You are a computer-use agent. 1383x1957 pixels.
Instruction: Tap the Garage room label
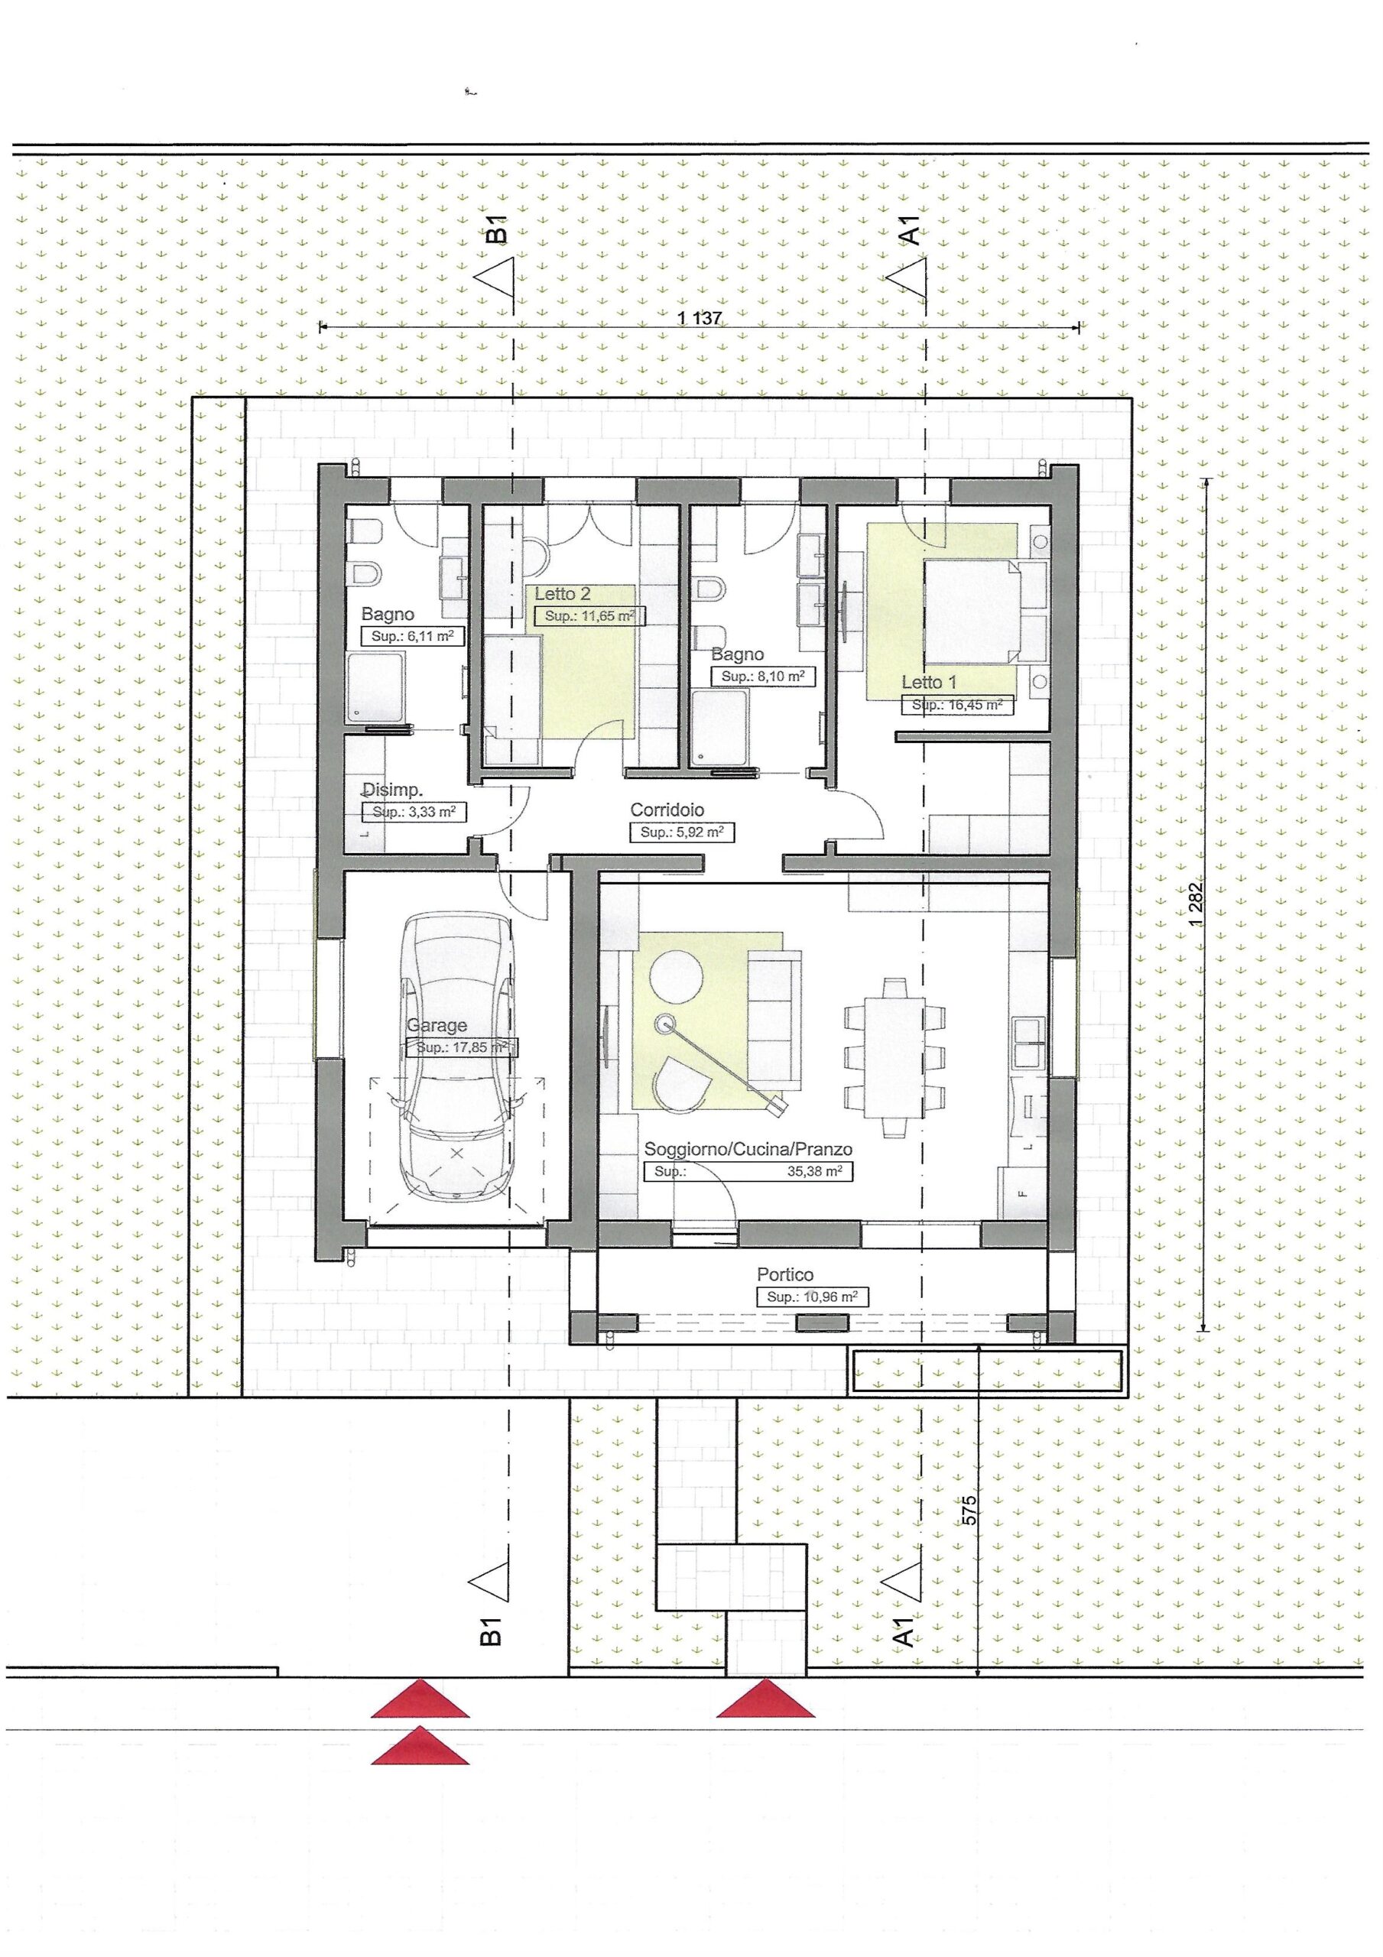pyautogui.click(x=436, y=1025)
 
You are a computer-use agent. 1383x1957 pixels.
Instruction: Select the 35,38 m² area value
pyautogui.click(x=814, y=1172)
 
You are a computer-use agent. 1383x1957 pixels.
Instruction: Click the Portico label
pyautogui.click(x=784, y=1275)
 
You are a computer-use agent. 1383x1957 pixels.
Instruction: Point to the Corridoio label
pyautogui.click(x=667, y=810)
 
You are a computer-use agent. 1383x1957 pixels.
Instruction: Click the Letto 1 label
pyautogui.click(x=929, y=682)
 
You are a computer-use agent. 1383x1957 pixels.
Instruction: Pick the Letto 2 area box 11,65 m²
pyautogui.click(x=590, y=616)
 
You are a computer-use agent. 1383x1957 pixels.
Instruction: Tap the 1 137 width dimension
pyautogui.click(x=700, y=319)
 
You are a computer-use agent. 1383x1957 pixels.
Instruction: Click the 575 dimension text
pyautogui.click(x=968, y=1511)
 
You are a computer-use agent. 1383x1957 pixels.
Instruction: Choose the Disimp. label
pyautogui.click(x=392, y=789)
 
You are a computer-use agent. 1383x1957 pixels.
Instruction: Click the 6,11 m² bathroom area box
pyautogui.click(x=412, y=636)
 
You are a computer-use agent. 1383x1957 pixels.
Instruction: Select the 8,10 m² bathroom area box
pyautogui.click(x=762, y=677)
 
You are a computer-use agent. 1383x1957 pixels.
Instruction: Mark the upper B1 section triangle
pyautogui.click(x=495, y=277)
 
